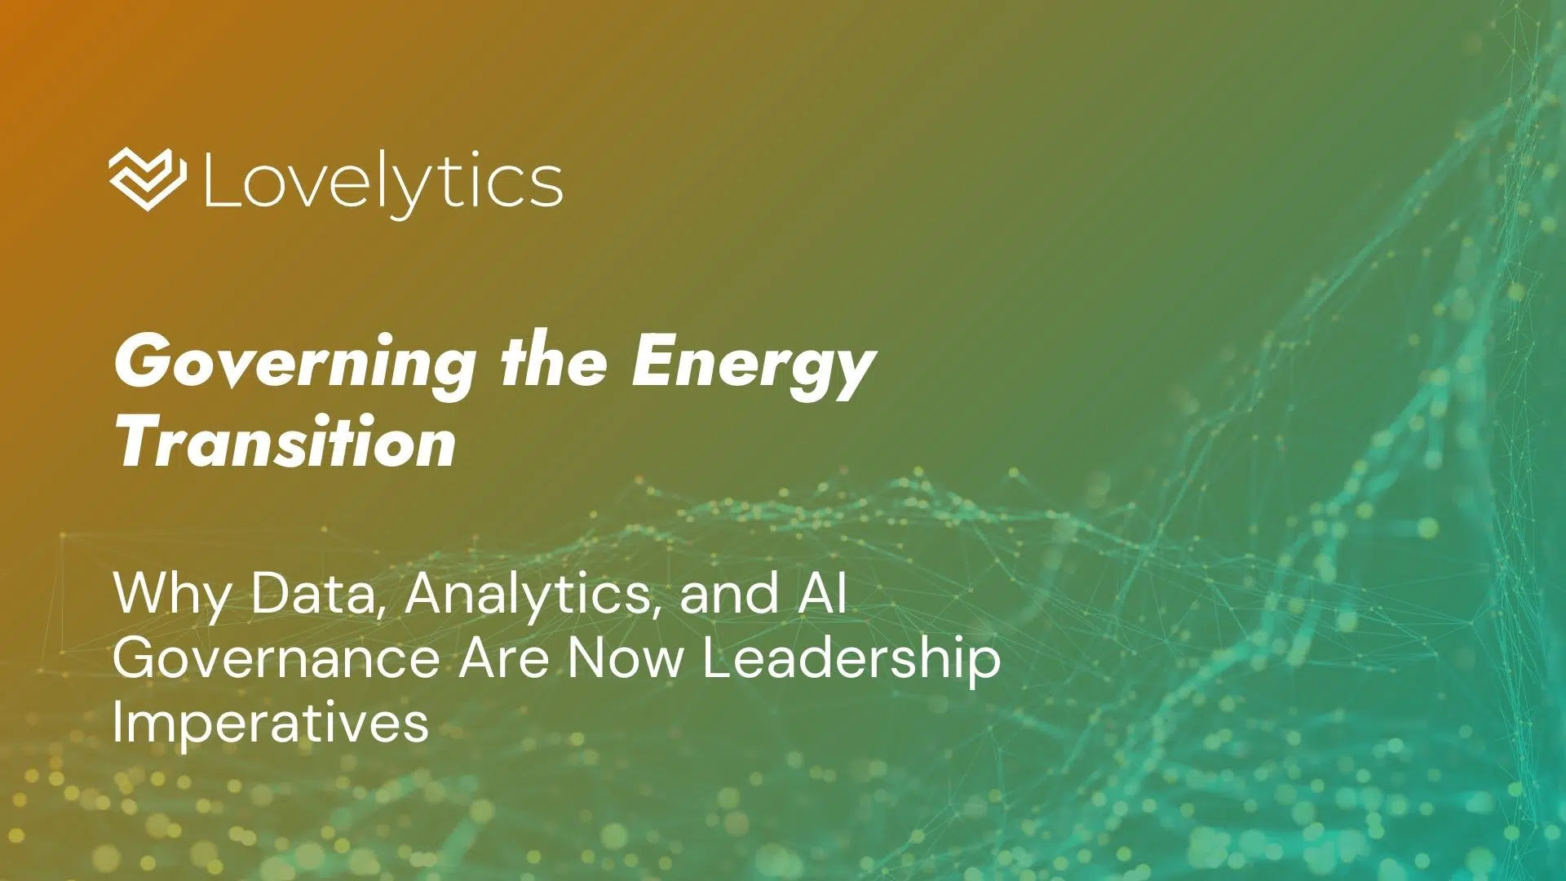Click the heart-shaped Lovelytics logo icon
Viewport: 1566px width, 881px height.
(x=148, y=179)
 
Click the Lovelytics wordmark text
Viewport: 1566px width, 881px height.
(x=382, y=182)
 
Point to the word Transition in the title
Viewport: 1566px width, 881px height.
(x=285, y=443)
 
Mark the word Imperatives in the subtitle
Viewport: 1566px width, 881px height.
(x=270, y=723)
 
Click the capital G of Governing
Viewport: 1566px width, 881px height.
(x=141, y=362)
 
